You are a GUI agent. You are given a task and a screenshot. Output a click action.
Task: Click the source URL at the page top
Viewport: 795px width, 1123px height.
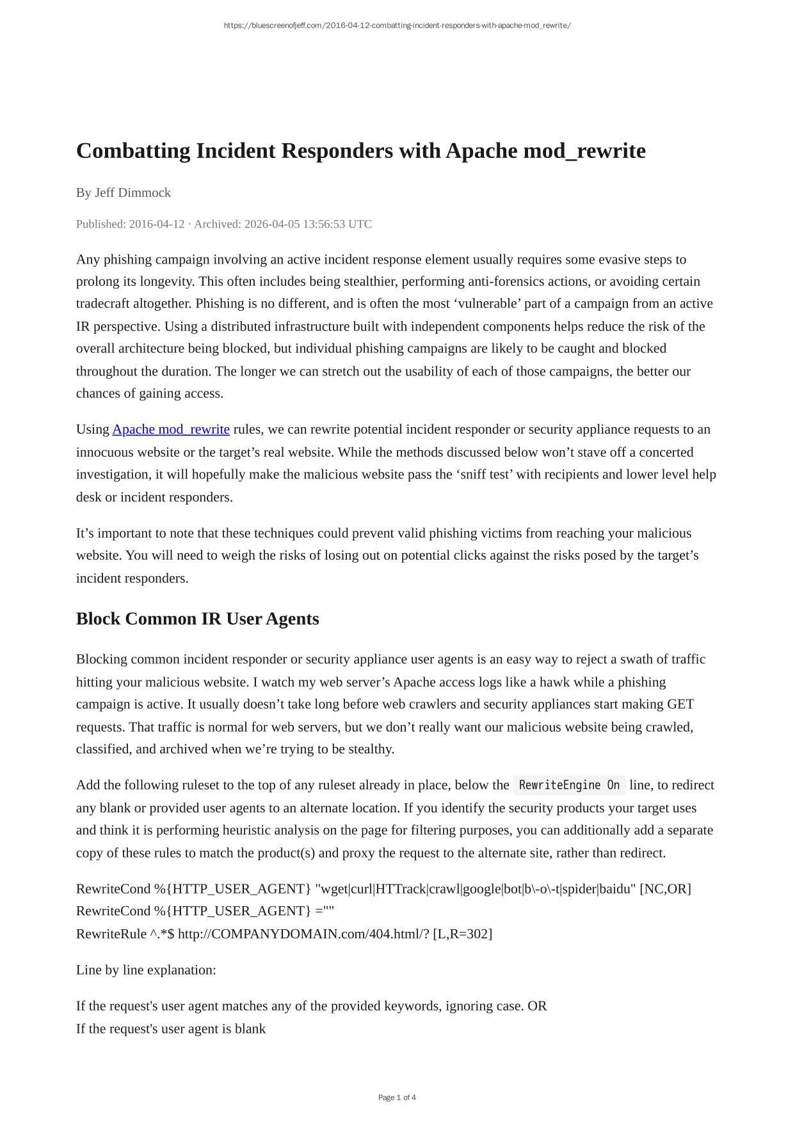(397, 26)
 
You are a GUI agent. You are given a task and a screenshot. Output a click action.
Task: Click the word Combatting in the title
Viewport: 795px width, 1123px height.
(133, 151)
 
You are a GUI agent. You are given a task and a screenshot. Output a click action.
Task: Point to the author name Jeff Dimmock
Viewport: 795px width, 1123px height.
(132, 192)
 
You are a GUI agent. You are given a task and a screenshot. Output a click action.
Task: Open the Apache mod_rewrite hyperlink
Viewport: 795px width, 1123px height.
(171, 429)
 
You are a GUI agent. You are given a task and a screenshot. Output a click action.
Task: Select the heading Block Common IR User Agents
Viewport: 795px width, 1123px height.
(197, 619)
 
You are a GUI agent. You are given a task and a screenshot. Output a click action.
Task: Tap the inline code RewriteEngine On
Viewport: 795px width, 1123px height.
(569, 785)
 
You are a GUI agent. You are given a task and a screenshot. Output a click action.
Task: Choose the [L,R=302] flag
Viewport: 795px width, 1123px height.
(463, 934)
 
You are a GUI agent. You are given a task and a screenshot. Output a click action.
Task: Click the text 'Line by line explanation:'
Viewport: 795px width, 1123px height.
(146, 970)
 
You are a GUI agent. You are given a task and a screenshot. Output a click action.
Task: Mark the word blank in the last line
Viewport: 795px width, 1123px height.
(250, 1028)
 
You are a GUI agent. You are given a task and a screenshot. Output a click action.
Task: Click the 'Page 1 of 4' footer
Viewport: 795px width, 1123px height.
(397, 1097)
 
